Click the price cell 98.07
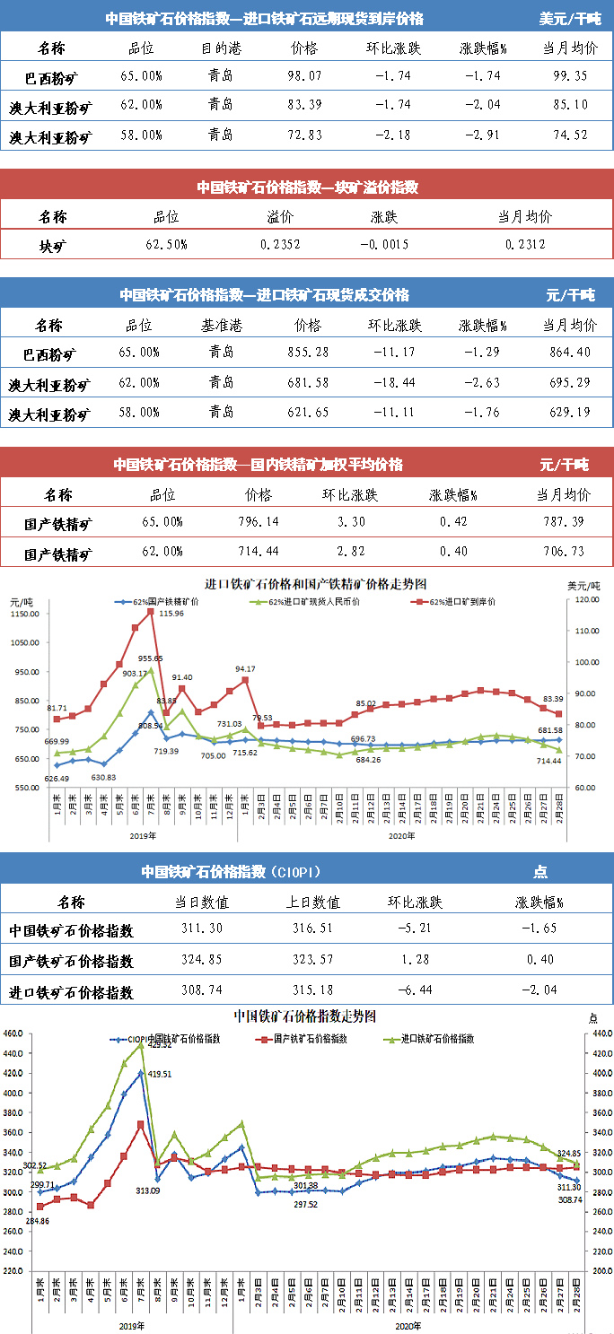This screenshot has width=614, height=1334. (304, 75)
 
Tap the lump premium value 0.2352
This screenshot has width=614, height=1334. (280, 243)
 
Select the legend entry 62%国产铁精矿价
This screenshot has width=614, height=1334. (161, 602)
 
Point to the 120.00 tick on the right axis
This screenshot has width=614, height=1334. (586, 599)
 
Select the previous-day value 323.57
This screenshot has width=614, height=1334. (318, 961)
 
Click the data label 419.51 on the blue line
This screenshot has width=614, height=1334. (159, 1073)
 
